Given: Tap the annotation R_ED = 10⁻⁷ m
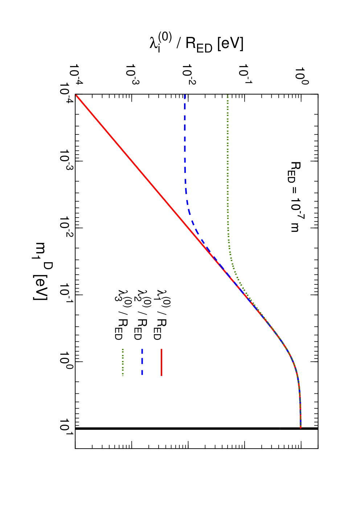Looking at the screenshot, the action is [294, 197].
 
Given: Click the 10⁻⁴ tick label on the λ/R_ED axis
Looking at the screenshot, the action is [76, 74].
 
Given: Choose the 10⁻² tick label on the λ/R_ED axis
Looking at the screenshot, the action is [189, 74].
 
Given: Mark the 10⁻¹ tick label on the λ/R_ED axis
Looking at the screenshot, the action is [246, 74].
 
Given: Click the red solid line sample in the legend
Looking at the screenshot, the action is [161, 362].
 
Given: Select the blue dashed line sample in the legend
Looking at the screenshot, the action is [142, 362].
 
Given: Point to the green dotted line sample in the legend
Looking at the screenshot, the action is [123, 362].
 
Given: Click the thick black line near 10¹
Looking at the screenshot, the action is [196, 428].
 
